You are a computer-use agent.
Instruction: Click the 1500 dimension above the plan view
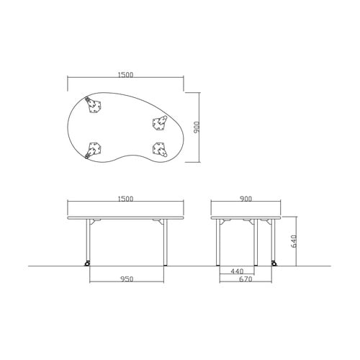(x=125, y=75)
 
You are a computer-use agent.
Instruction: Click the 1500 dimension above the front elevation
(x=125, y=199)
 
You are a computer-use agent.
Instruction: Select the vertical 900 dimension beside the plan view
(x=197, y=127)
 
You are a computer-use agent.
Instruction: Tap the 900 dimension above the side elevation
(x=246, y=199)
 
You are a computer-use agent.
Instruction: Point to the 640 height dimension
(x=294, y=241)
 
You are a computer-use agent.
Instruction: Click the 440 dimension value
(x=237, y=271)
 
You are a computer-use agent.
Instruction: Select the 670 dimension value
(x=246, y=279)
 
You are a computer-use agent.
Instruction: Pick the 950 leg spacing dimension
(x=127, y=279)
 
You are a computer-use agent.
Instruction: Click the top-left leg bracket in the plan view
(x=93, y=105)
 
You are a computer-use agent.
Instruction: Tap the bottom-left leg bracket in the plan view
(x=93, y=150)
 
